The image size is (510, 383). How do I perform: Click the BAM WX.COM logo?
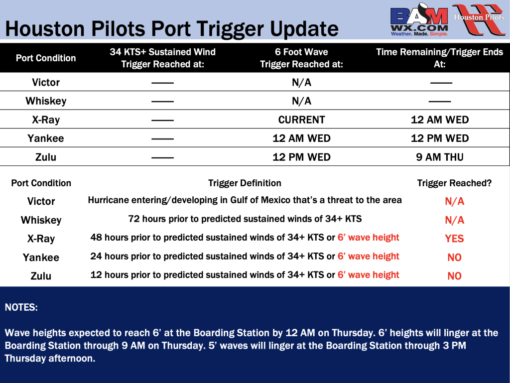419,20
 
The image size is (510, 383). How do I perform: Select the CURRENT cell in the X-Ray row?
301,120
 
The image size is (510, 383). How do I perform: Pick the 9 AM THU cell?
439,157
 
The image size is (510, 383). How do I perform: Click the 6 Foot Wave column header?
301,58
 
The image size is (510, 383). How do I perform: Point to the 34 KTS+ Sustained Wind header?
163,58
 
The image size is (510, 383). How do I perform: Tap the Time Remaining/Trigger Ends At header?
439,58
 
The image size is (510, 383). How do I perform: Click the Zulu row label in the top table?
46,157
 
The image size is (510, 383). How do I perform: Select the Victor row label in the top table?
46,82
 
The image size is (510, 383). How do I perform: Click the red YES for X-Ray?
454,239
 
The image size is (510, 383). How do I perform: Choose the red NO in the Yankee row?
454,257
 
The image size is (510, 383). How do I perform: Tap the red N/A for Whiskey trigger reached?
454,220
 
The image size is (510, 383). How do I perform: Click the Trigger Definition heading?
245,183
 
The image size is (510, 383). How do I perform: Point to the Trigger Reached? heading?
454,183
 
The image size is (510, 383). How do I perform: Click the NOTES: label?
21,307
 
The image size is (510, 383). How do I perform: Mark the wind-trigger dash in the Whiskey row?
163,102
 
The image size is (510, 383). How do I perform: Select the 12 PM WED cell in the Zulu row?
301,157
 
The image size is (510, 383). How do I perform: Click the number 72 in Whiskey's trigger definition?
133,219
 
